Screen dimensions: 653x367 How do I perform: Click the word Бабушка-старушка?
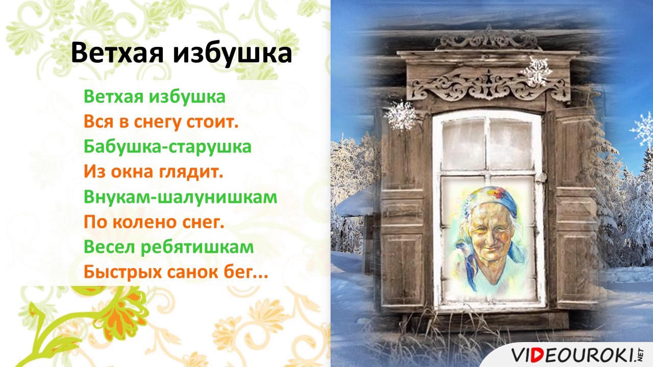click(x=168, y=147)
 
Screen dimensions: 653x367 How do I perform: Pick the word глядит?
click(x=191, y=172)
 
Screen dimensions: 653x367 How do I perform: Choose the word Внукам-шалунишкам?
click(x=181, y=197)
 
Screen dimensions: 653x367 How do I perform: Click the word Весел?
click(x=110, y=247)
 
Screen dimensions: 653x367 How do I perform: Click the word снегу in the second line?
click(x=157, y=123)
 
